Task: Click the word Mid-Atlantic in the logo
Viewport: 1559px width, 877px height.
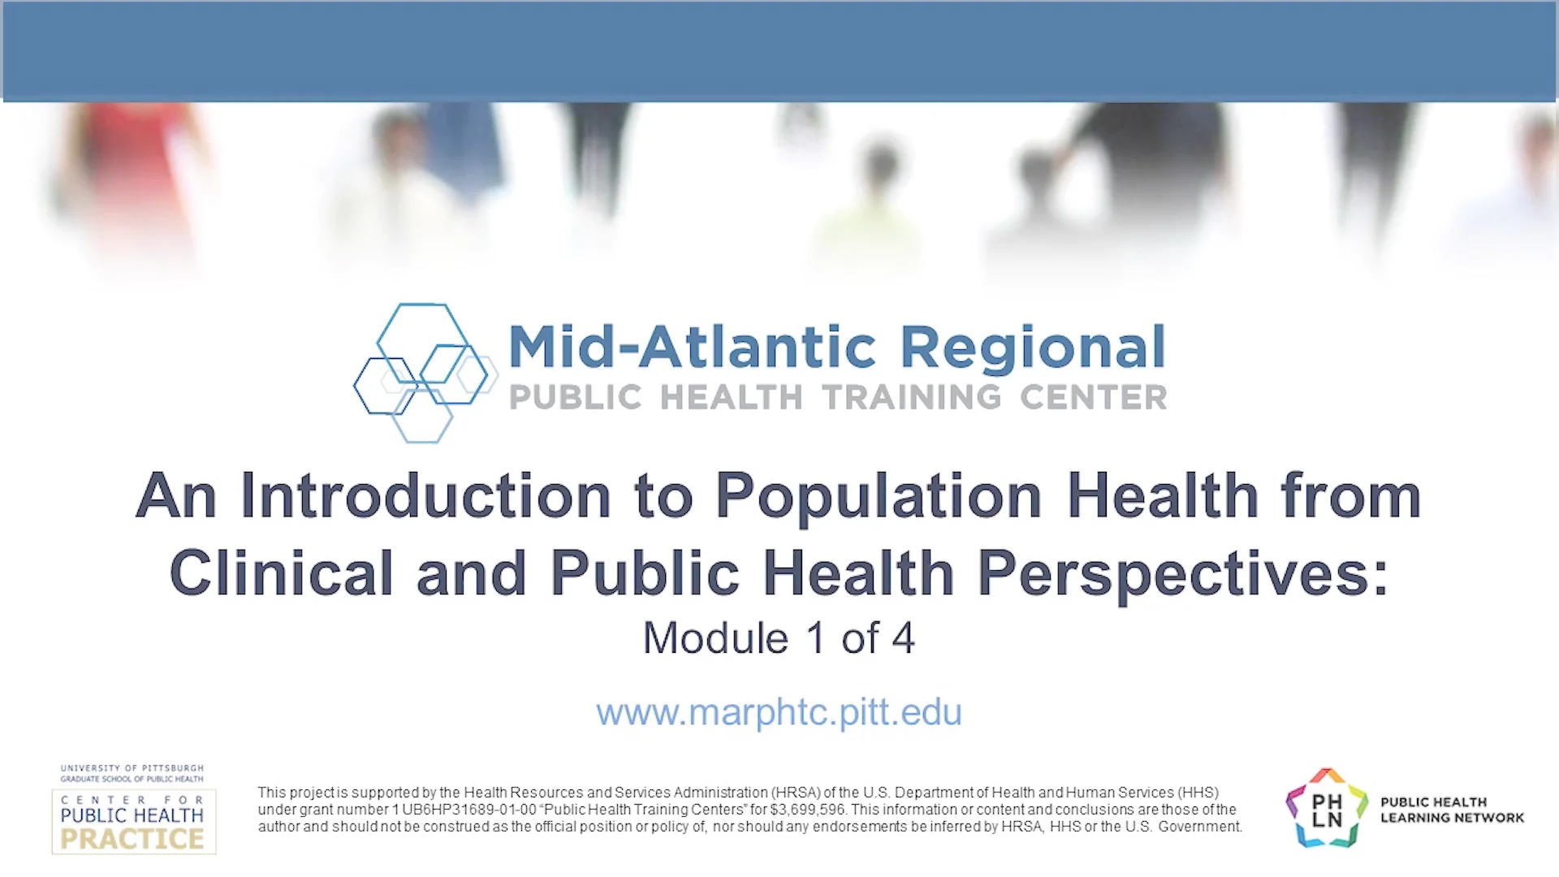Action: click(x=691, y=348)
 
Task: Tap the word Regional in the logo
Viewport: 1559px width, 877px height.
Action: click(x=1033, y=348)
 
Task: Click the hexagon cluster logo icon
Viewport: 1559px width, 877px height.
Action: click(x=422, y=374)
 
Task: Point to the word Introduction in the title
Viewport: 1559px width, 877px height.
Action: click(x=425, y=496)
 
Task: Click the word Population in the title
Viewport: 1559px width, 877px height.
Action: click(x=878, y=496)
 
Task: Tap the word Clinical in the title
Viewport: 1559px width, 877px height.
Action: click(x=281, y=573)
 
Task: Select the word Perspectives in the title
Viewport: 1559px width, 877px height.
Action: click(x=1182, y=573)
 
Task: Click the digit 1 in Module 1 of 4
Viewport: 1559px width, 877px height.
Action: click(x=815, y=638)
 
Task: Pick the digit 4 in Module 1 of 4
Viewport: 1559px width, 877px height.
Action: click(x=903, y=638)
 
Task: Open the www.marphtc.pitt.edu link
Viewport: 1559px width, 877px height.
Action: click(x=779, y=712)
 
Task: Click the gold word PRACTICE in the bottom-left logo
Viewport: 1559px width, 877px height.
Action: click(x=132, y=839)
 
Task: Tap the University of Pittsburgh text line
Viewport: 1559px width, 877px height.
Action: click(x=132, y=767)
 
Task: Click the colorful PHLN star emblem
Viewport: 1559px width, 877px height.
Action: click(x=1326, y=809)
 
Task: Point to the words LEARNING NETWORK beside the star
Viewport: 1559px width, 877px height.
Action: click(x=1452, y=818)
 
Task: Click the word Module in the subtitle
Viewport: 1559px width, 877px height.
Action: click(x=715, y=638)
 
